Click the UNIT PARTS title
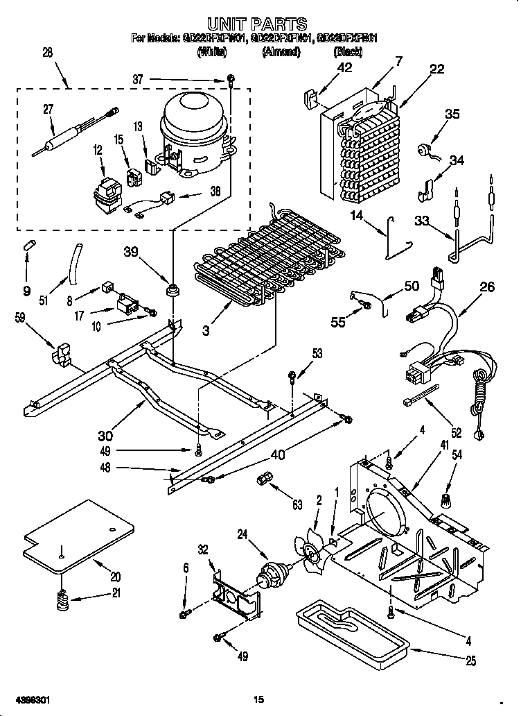tap(258, 25)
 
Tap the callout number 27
tap(48, 108)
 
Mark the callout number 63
tap(297, 504)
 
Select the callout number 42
tap(344, 67)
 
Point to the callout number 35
tap(451, 114)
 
